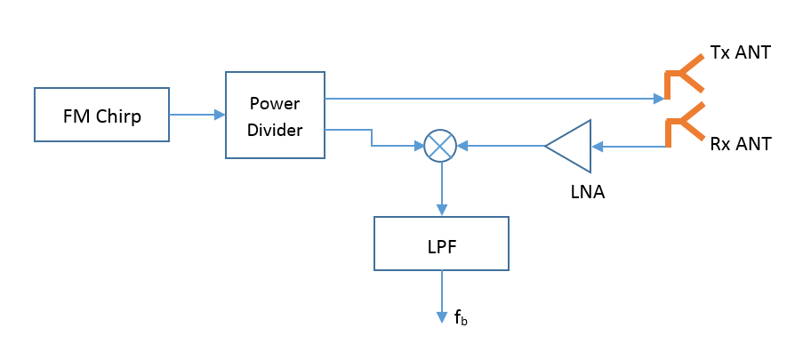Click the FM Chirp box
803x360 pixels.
click(x=101, y=115)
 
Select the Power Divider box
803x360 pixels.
click(x=276, y=116)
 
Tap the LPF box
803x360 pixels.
click(x=441, y=243)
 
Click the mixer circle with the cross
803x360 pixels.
click(x=440, y=145)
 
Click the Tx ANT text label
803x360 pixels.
click(x=740, y=53)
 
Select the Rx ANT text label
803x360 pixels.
click(x=740, y=143)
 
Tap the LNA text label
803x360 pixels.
click(x=587, y=190)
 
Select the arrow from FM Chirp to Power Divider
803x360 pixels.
click(x=197, y=115)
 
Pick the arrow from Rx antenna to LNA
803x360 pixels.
click(x=630, y=145)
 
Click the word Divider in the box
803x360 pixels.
click(x=276, y=130)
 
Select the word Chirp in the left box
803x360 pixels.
click(x=119, y=116)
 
